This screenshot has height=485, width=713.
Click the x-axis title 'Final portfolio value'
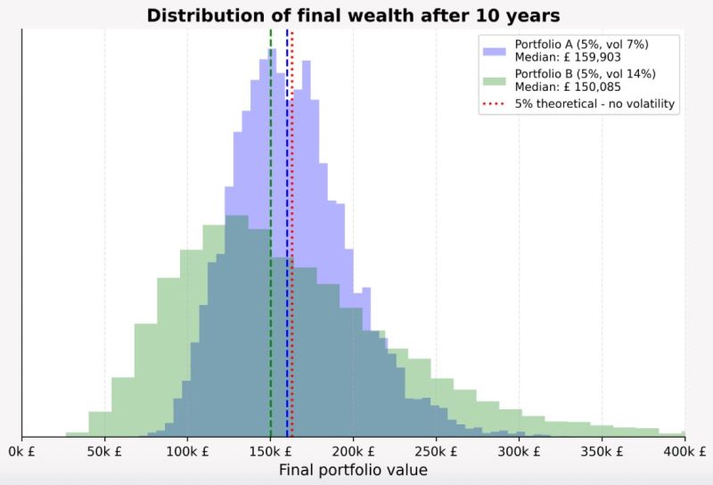click(x=353, y=470)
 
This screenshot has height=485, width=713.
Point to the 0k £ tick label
click(x=21, y=450)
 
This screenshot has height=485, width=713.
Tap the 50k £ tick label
click(x=104, y=450)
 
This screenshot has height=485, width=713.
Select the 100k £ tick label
click(x=187, y=450)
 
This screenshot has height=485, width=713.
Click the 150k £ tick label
click(x=270, y=450)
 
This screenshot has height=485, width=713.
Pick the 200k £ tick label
click(x=353, y=450)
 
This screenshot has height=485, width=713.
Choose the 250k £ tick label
click(x=436, y=450)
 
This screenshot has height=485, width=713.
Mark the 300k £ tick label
click(x=519, y=450)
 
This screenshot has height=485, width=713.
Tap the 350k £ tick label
click(x=602, y=450)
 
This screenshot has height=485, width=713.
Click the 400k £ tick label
click(x=682, y=450)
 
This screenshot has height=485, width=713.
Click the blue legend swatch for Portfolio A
click(x=494, y=50)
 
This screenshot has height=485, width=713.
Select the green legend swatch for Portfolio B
click(x=494, y=80)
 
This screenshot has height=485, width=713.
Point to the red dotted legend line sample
click(x=494, y=104)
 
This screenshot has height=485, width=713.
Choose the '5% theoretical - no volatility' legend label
click(x=594, y=104)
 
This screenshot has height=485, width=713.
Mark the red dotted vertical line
click(x=292, y=178)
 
